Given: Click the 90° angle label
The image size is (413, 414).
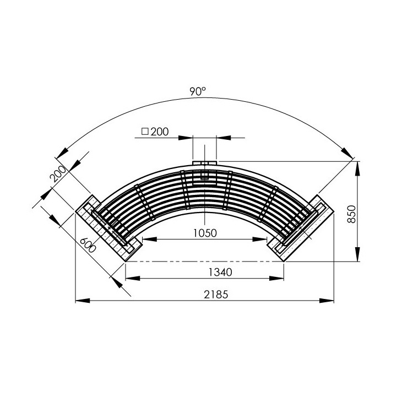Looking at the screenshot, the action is click(x=198, y=91).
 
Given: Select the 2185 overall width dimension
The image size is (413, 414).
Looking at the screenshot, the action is click(x=216, y=295).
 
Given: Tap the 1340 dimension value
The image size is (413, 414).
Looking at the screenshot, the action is click(x=220, y=272).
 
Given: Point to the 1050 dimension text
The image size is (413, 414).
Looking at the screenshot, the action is click(x=205, y=233).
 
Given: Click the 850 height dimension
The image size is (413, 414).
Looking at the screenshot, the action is click(x=351, y=214).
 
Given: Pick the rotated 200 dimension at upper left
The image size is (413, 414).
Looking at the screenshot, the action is click(x=58, y=174).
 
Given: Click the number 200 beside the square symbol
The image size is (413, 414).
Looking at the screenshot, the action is click(x=160, y=132).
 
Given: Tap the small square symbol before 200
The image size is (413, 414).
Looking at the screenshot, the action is click(x=145, y=131).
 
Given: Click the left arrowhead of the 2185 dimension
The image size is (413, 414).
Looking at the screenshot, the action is click(x=83, y=301).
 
